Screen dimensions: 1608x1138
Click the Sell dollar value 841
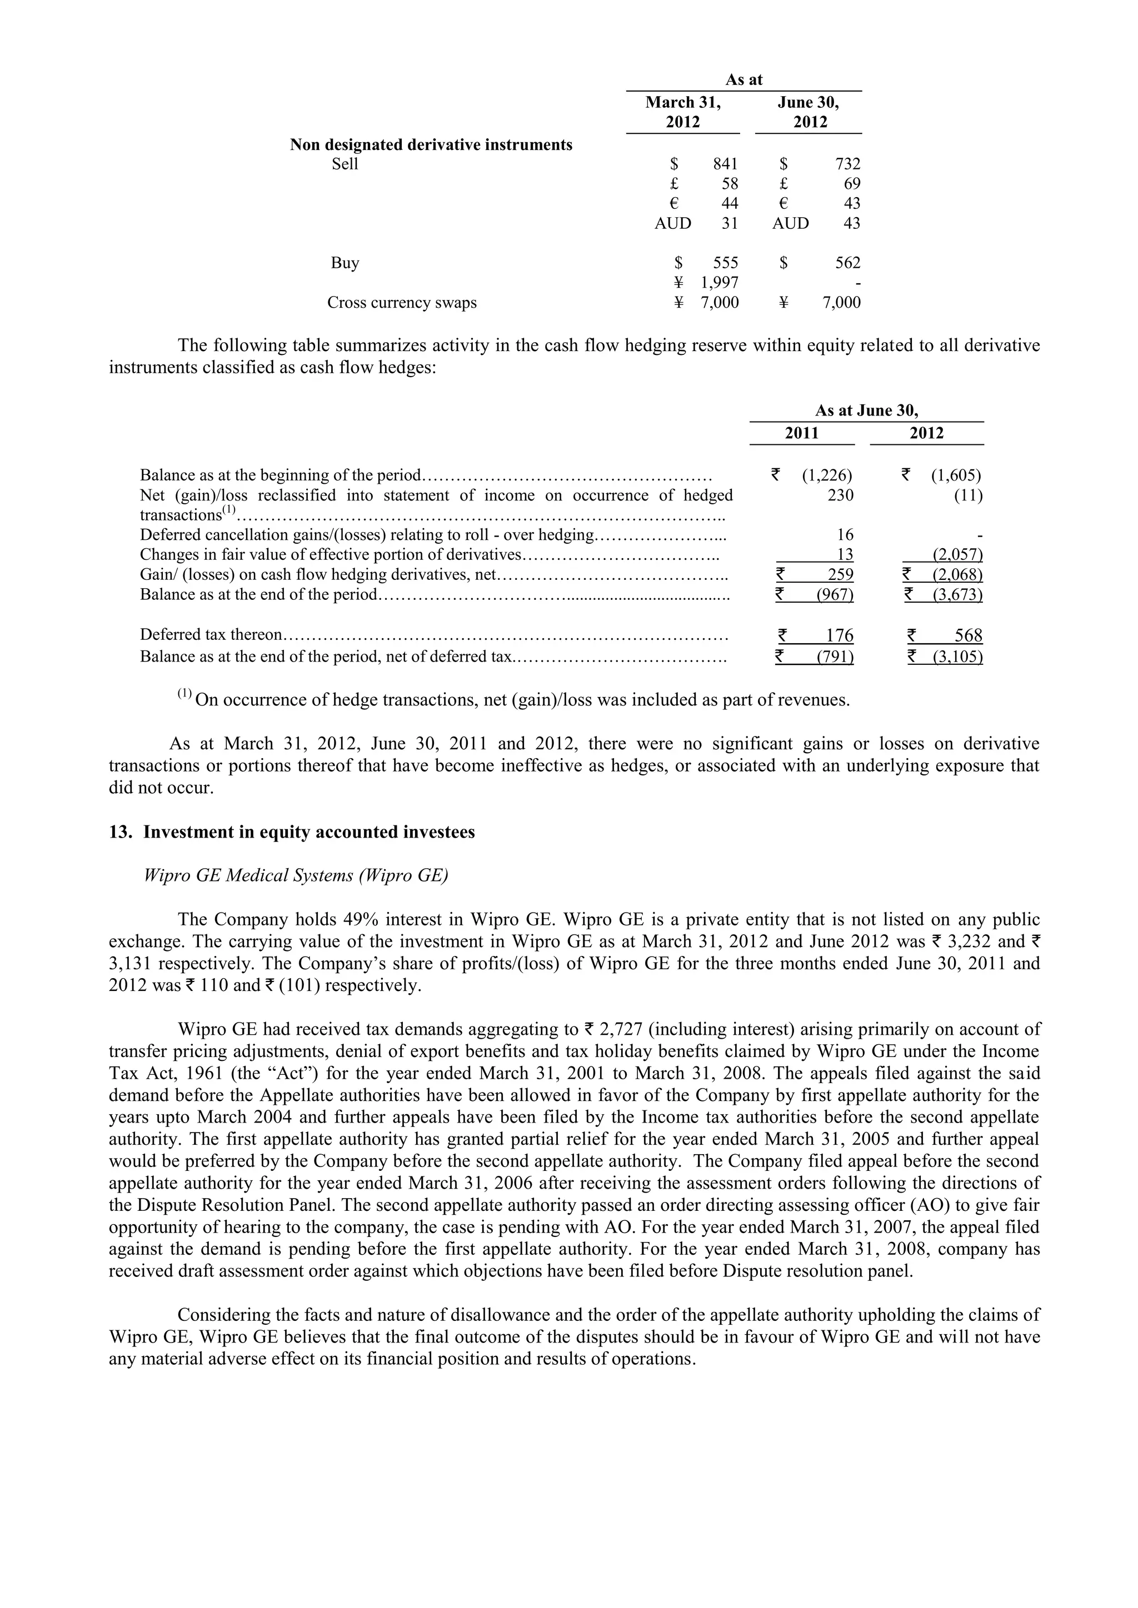click(x=725, y=164)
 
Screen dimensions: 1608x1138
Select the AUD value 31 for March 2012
click(x=730, y=223)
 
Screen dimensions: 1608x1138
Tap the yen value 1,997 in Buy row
click(x=720, y=283)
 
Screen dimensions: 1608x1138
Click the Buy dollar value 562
click(x=847, y=263)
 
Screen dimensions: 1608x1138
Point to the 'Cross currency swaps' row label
click(x=402, y=303)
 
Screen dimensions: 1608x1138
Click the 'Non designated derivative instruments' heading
click(x=431, y=145)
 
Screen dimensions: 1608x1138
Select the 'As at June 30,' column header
click(x=866, y=410)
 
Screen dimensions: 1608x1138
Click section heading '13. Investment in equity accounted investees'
click(x=292, y=832)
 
